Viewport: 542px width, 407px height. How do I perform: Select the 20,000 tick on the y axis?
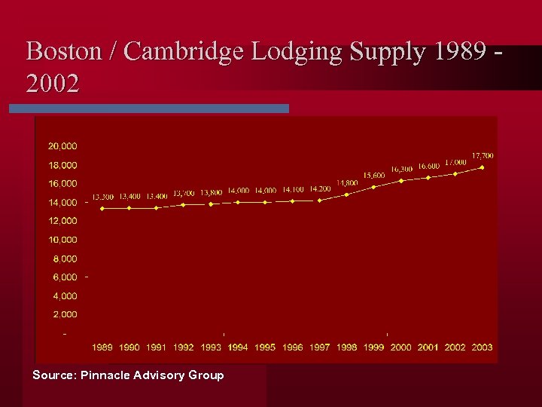coord(62,145)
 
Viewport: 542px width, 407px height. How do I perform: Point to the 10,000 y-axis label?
coord(62,240)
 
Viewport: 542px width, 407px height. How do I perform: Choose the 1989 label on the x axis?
coord(102,347)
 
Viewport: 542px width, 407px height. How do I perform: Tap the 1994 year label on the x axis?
coord(238,347)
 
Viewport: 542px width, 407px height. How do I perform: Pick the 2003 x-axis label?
coord(482,347)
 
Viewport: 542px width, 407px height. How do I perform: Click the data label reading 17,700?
coord(483,155)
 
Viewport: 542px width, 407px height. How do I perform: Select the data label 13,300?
coord(103,197)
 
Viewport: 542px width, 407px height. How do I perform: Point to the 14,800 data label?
coord(347,182)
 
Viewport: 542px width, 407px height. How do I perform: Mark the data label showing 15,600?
coord(374,175)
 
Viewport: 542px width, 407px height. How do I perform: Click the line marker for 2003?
coord(482,167)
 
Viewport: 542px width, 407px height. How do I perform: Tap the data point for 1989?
coord(102,208)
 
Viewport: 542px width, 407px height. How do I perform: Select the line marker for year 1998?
coord(346,194)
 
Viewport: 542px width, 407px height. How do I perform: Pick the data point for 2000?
coord(401,181)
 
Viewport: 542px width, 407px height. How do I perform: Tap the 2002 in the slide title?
coord(52,84)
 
